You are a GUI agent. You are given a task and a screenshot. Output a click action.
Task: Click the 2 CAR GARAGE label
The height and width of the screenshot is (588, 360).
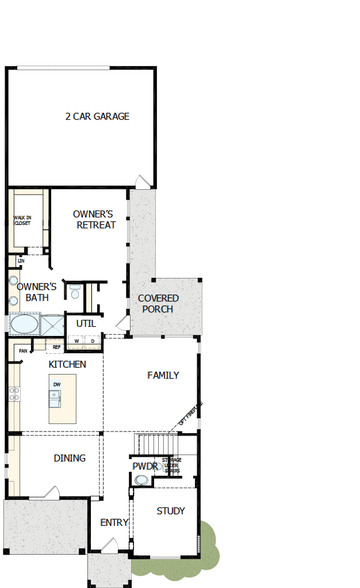pyautogui.click(x=97, y=116)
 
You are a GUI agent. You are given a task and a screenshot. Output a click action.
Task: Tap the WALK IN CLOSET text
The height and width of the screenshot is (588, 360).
pyautogui.click(x=22, y=220)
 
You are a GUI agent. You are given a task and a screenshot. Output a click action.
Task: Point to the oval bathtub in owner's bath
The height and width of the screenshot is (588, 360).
pyautogui.click(x=24, y=324)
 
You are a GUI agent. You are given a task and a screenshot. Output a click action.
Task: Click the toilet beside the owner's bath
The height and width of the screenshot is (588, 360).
pyautogui.click(x=75, y=292)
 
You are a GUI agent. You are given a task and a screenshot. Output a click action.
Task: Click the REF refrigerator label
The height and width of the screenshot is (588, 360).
pyautogui.click(x=56, y=348)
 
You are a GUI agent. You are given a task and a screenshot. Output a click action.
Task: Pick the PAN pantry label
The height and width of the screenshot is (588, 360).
pyautogui.click(x=23, y=351)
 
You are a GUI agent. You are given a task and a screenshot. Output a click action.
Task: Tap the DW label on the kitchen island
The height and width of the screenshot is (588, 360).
pyautogui.click(x=57, y=384)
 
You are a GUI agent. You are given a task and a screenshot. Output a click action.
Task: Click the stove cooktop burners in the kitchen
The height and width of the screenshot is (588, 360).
pyautogui.click(x=14, y=394)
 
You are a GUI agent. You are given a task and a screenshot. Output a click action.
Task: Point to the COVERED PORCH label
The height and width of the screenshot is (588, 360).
pyautogui.click(x=158, y=303)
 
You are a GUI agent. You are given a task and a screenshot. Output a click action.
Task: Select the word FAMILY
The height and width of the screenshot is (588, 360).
pyautogui.click(x=163, y=375)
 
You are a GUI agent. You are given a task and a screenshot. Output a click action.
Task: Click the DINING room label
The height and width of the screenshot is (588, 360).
pyautogui.click(x=70, y=458)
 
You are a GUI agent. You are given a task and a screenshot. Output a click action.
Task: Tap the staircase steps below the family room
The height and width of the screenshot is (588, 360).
pyautogui.click(x=155, y=444)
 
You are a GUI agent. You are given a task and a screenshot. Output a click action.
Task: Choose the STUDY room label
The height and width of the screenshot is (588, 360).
pyautogui.click(x=171, y=510)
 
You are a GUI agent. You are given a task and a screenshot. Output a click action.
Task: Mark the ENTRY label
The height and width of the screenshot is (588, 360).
pyautogui.click(x=114, y=522)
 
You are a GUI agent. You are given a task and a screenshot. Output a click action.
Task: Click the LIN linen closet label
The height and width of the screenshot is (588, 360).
pyautogui.click(x=21, y=261)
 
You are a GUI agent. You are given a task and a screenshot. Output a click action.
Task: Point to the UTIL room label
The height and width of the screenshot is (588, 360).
pyautogui.click(x=86, y=323)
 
